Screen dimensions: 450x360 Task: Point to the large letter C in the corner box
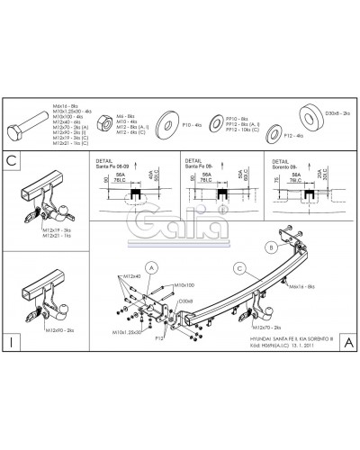point(12,161)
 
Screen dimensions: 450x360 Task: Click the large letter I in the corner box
point(12,341)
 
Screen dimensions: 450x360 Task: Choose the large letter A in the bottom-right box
point(346,341)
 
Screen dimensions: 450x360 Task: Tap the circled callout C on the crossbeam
point(239,266)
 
